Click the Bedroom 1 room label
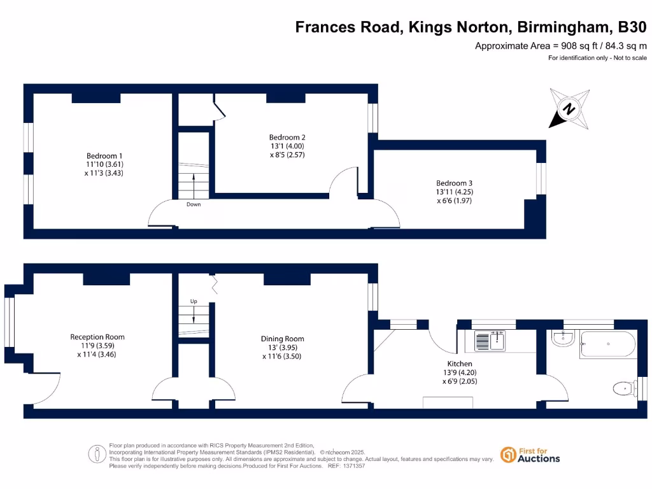tap(104, 156)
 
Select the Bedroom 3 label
tap(454, 183)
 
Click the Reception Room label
tap(97, 337)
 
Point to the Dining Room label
tap(282, 339)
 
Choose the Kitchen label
tap(459, 364)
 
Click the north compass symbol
tap(569, 109)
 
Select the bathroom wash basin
tap(562, 339)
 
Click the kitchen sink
tap(490, 341)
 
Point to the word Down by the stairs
tap(194, 204)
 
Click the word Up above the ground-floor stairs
tap(194, 301)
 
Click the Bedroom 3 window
tap(541, 179)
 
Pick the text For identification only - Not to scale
tap(597, 58)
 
